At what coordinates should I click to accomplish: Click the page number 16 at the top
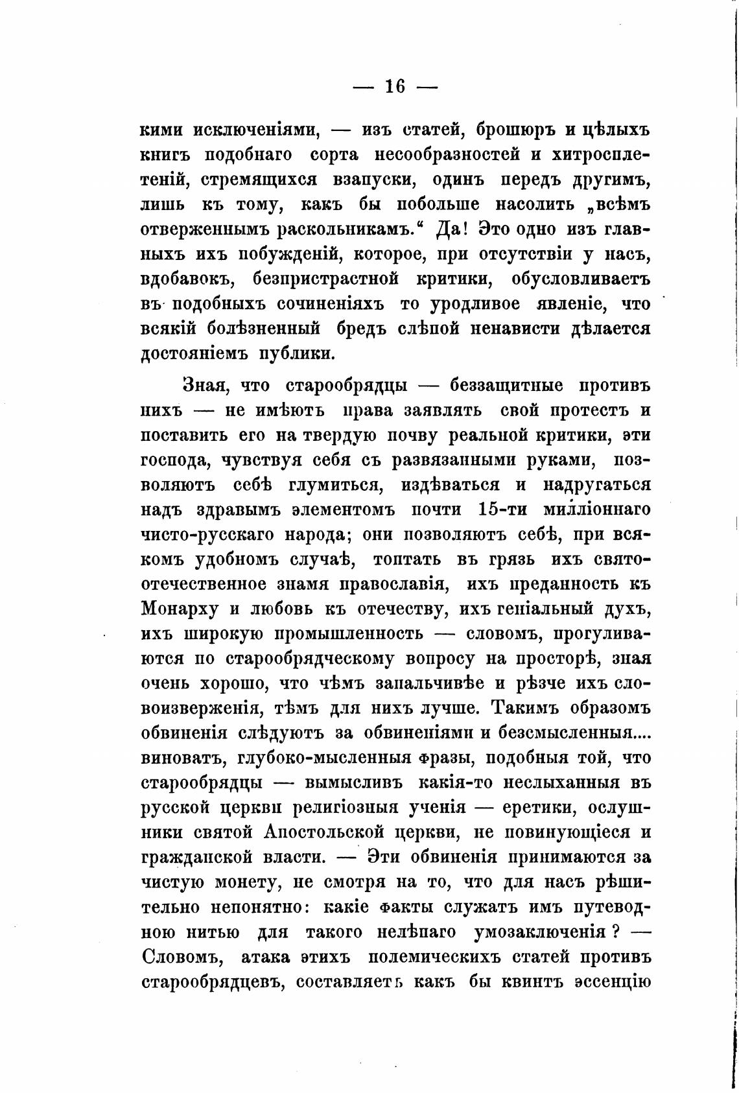395,86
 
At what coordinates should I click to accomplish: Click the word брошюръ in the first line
516,129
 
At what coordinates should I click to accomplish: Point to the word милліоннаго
598,509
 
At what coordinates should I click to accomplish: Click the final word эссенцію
612,981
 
